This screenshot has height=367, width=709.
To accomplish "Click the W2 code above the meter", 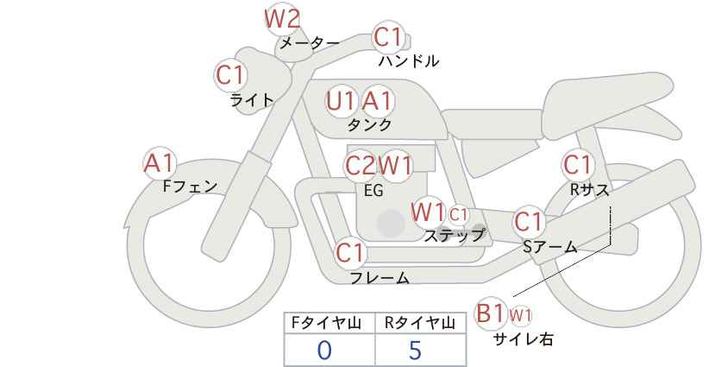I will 281,17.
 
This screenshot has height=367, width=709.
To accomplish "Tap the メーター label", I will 310,43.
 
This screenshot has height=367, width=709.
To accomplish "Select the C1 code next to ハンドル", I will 388,37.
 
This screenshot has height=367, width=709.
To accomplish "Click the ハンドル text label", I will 409,61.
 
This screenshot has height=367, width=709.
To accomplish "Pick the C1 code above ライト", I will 230,75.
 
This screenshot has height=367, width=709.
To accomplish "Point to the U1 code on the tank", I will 342,102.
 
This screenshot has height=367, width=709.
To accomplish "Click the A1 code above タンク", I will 377,102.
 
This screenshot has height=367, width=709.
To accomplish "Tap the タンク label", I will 369,125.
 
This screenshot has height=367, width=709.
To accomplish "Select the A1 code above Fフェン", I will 159,162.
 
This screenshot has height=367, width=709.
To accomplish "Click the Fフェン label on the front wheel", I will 190,186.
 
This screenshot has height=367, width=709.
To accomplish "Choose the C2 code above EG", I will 360,165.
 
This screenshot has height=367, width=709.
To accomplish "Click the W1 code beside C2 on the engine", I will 396,165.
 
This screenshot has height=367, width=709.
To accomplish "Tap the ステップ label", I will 455,234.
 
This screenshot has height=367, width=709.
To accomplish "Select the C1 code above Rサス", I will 577,164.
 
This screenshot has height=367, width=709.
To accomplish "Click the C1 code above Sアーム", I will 528,222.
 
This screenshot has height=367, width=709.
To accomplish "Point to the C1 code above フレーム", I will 350,254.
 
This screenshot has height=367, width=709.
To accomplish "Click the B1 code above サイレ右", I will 492,313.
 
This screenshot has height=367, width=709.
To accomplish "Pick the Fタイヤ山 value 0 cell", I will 324,350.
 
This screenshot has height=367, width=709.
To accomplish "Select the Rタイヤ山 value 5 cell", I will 416,350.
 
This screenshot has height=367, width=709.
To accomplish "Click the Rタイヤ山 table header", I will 419,323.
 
